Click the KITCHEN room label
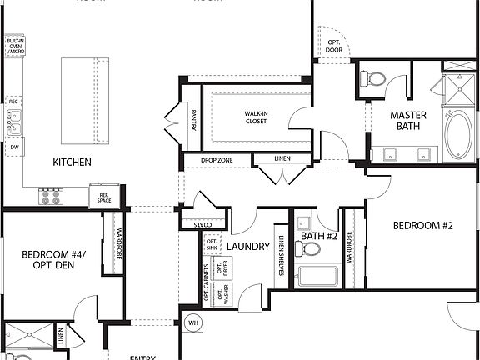(72, 162)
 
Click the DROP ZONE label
(217, 159)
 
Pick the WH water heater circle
(192, 322)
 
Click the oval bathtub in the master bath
(457, 136)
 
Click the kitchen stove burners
(51, 197)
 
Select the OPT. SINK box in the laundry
(212, 243)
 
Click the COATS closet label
(201, 224)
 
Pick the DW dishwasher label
(14, 147)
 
